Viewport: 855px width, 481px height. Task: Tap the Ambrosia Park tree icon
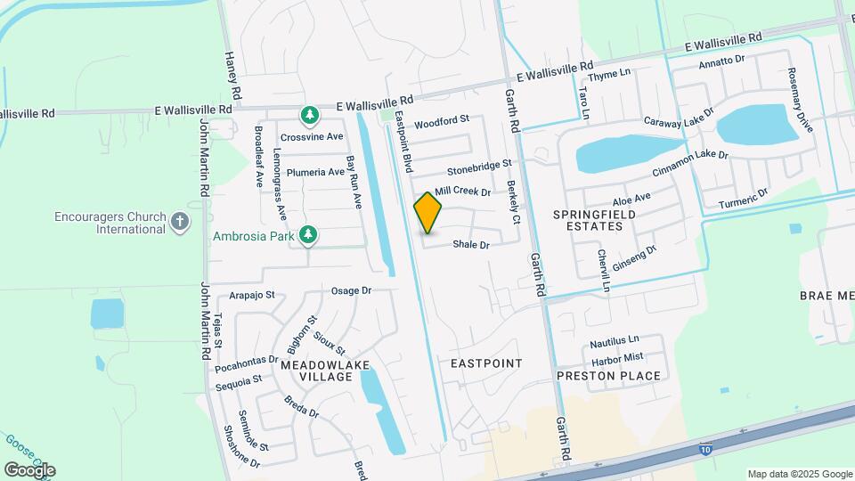coord(308,235)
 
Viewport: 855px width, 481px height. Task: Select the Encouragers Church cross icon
coord(180,221)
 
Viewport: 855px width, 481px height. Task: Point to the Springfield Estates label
coord(587,221)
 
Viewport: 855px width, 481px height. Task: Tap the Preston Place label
coord(608,376)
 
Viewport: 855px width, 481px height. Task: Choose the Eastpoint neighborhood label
coord(485,363)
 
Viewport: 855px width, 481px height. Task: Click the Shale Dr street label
coord(471,245)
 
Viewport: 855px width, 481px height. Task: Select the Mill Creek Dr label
coord(463,192)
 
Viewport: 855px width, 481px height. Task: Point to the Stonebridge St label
coord(479,166)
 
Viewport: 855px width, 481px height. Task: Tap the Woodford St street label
coord(441,120)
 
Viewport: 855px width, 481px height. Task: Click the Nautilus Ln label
coord(615,340)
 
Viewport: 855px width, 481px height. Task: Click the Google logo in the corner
coord(29,470)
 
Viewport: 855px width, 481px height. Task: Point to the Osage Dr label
coord(350,291)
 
